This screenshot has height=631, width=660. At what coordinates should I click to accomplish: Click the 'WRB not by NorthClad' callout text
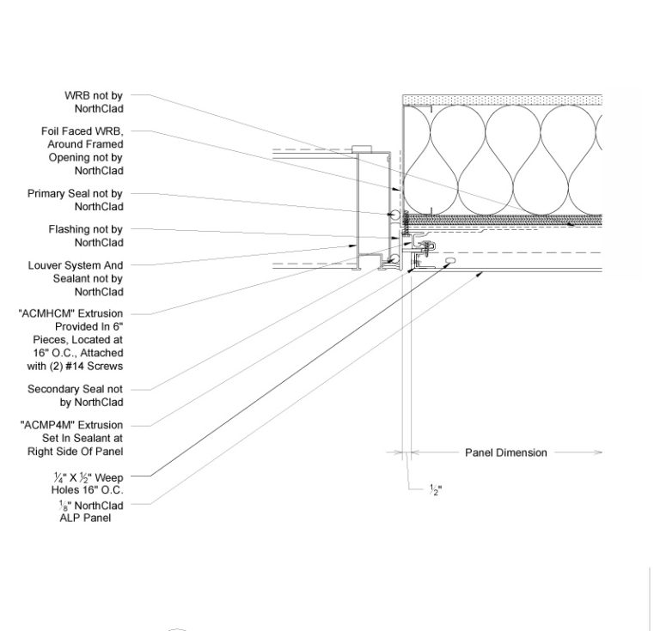[94, 102]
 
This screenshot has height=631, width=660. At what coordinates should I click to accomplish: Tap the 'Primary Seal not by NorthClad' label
[76, 200]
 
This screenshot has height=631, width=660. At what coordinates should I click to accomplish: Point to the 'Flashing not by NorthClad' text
[86, 236]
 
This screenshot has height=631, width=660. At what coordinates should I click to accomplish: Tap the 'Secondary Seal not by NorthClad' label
[76, 396]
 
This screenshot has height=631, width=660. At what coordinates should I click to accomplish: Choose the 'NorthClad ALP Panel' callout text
[90, 511]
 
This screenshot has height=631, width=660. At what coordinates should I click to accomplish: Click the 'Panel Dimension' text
[506, 452]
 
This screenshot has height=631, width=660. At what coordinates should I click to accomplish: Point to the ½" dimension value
[436, 489]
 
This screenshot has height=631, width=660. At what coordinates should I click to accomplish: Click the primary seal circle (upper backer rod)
[394, 215]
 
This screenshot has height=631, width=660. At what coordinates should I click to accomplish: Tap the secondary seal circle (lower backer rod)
[394, 258]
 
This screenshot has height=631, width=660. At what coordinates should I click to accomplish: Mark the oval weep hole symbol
[449, 261]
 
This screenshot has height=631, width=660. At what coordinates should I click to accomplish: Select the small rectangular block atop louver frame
[362, 149]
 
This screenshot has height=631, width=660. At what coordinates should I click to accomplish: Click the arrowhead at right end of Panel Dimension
[598, 452]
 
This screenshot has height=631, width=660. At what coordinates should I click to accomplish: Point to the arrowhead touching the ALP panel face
[480, 275]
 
